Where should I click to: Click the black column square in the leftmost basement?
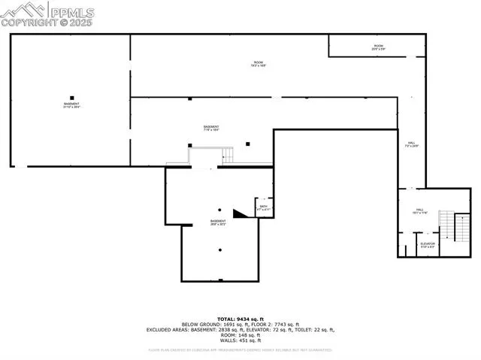[71, 97]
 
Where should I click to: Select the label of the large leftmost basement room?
[71, 105]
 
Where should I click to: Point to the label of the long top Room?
[259, 64]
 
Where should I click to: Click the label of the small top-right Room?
[378, 47]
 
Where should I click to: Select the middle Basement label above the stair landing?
[211, 128]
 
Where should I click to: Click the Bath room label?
[264, 207]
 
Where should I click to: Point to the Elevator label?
[428, 245]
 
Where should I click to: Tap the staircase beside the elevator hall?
[446, 224]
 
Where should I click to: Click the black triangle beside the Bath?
[240, 214]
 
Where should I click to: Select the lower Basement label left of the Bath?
[218, 222]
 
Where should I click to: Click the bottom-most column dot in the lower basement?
[220, 250]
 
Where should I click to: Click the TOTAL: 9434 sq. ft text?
[241, 317]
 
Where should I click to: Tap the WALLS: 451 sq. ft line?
[241, 341]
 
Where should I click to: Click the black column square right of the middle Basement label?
[248, 143]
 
